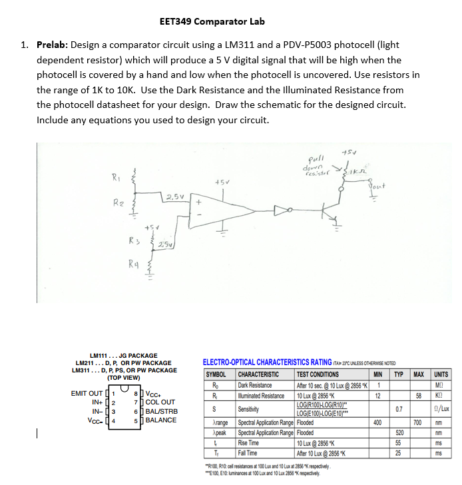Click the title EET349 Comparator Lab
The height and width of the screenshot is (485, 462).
coord(212,21)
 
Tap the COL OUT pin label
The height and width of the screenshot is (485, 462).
coord(160,402)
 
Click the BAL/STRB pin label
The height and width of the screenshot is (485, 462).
coord(161,411)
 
